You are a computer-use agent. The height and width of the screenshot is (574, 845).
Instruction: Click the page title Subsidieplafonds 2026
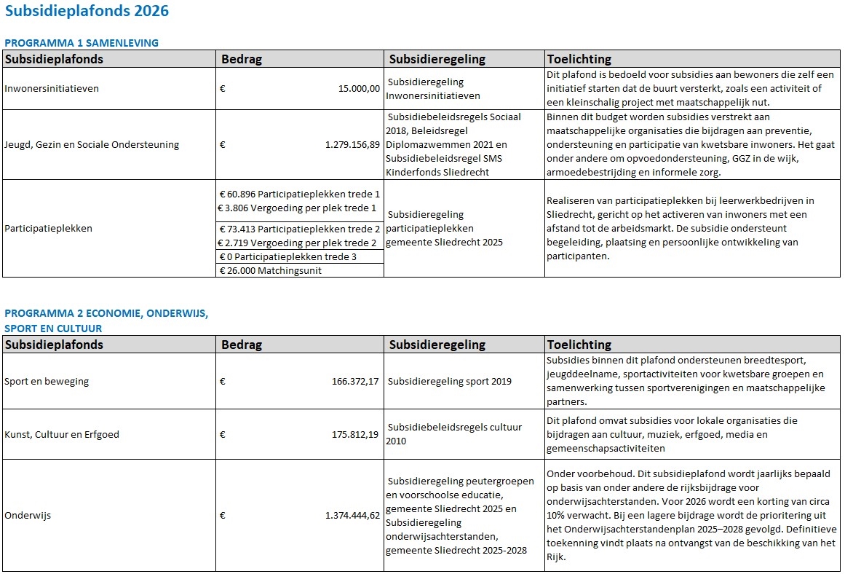[x=87, y=11]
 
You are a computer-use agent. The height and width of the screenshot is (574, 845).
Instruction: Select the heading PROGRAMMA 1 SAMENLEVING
[x=82, y=43]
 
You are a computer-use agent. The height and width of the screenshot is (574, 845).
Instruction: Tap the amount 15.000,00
[x=359, y=89]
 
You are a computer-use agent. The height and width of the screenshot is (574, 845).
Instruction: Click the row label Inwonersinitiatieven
[x=52, y=89]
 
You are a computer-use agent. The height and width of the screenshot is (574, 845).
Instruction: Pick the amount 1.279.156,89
[x=352, y=144]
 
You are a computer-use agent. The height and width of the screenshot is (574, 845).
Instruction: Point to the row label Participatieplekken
[x=49, y=228]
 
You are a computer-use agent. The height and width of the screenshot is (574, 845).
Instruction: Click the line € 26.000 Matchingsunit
[x=271, y=270]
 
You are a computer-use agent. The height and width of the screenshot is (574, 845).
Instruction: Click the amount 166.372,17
[x=355, y=381]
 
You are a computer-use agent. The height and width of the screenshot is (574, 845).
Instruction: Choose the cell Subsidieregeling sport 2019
[x=450, y=381]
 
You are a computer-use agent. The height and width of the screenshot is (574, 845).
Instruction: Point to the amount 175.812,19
[x=355, y=435]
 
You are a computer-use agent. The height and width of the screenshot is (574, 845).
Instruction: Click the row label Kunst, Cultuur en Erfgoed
[x=62, y=435]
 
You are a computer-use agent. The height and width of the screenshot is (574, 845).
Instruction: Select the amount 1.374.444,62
[x=352, y=516]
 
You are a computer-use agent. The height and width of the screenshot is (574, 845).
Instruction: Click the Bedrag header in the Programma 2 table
[x=242, y=345]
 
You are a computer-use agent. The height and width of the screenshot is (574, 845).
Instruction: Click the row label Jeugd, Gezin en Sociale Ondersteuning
[x=92, y=144]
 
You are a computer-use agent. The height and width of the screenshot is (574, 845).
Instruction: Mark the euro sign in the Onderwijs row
[x=223, y=516]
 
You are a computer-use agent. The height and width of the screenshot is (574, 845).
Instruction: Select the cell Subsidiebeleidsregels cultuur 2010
[x=455, y=434]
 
